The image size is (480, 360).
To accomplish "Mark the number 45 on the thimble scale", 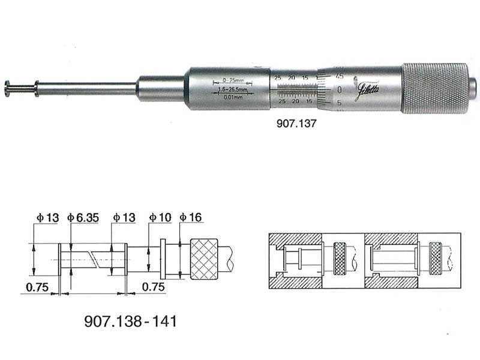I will click(x=340, y=76).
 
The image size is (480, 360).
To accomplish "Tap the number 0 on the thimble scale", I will click(x=340, y=89).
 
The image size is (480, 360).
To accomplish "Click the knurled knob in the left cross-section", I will click(x=340, y=259).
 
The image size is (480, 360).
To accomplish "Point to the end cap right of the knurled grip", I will click(x=473, y=85).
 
